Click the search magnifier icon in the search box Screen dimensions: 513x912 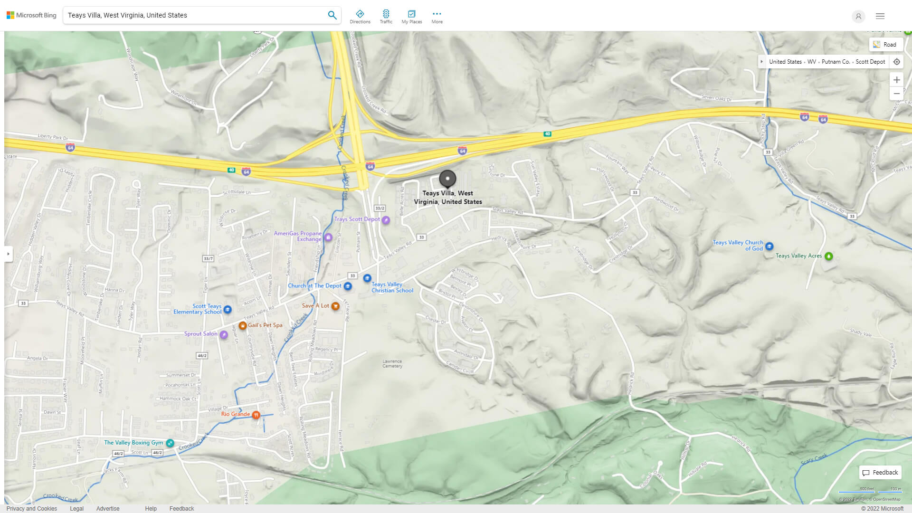pos(332,15)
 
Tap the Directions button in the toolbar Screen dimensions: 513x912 pos(360,17)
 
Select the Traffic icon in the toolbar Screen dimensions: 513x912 pos(386,17)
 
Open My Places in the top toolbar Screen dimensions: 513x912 pos(411,17)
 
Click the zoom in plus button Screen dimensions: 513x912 pos(896,80)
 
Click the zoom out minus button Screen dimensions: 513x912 pos(896,94)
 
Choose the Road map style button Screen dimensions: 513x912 pos(885,45)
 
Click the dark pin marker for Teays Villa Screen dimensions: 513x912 pos(447,179)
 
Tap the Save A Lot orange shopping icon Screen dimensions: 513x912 pos(335,306)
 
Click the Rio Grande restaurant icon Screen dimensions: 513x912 pos(256,415)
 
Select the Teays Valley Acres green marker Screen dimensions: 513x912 pos(829,256)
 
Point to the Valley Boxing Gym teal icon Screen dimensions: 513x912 pos(170,443)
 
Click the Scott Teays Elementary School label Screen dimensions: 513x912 pos(198,309)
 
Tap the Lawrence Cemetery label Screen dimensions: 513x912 pos(392,364)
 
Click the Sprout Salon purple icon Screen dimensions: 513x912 pos(224,334)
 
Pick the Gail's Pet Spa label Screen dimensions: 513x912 pos(265,325)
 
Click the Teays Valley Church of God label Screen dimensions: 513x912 pos(738,245)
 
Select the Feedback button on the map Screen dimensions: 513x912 pos(880,473)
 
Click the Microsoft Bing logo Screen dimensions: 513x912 pos(31,15)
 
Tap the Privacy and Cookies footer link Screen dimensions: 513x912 pos(32,508)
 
